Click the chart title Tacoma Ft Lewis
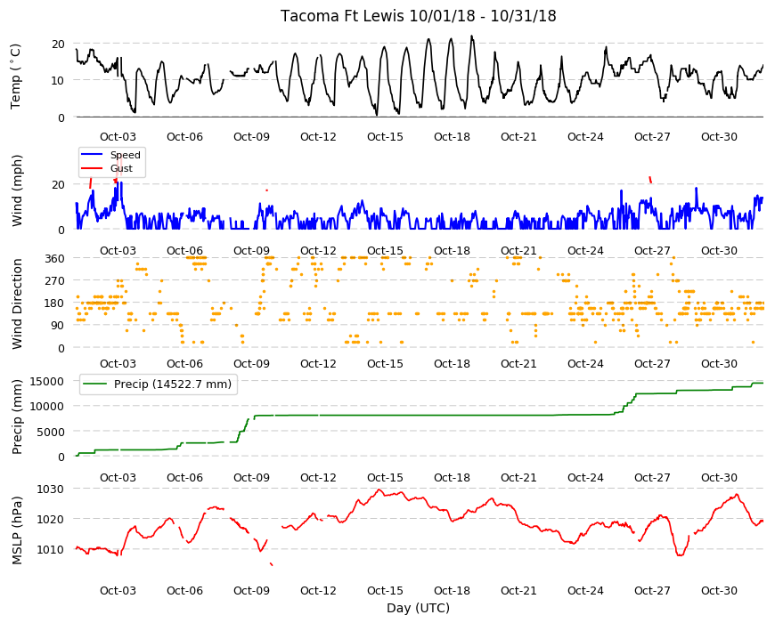point(342,16)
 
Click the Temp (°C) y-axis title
point(16,76)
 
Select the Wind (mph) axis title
point(17,190)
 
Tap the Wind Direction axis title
point(17,303)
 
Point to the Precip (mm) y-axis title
point(17,417)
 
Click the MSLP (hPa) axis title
point(17,530)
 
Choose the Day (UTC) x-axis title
point(418,608)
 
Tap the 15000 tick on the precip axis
point(47,382)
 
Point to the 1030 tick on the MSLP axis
point(51,489)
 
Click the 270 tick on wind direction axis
point(54,281)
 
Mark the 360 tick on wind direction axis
point(54,259)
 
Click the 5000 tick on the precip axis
point(51,432)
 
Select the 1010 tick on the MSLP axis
point(51,549)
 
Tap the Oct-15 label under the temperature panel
point(385,137)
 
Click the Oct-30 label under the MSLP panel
point(719,591)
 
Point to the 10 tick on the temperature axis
point(58,80)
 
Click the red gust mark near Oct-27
point(650,180)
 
